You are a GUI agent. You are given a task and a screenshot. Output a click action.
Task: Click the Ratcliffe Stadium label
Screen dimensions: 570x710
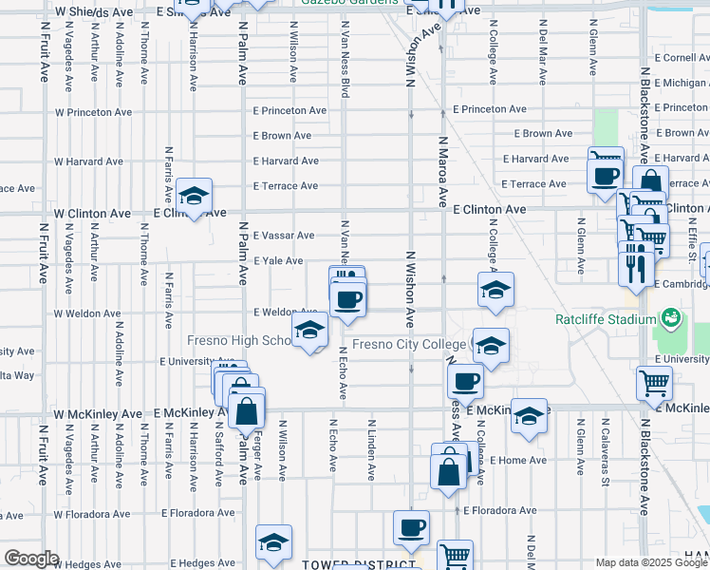click(604, 317)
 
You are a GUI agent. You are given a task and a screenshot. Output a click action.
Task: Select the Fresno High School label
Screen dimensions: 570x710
click(238, 341)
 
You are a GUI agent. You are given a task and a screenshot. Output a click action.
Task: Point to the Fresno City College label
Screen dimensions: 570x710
click(409, 344)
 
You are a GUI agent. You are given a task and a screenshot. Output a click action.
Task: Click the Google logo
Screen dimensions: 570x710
click(31, 559)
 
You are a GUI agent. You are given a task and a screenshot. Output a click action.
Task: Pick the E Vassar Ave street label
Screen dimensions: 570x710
click(284, 236)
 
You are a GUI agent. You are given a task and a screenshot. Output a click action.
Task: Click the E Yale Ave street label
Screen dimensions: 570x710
click(278, 261)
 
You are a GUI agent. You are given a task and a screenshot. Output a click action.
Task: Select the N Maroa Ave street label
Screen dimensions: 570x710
click(442, 171)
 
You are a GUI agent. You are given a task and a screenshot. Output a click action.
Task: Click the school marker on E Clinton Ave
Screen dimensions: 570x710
click(195, 196)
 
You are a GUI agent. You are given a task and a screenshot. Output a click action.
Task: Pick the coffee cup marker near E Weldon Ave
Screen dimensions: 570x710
click(347, 300)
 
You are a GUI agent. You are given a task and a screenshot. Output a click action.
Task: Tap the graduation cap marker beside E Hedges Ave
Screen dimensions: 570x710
click(273, 542)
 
